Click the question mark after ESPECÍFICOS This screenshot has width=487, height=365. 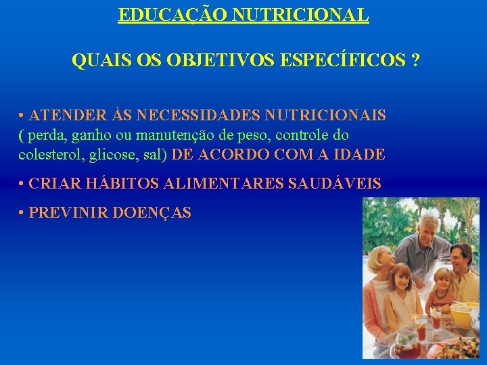414,61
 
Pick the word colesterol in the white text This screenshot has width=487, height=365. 51,155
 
